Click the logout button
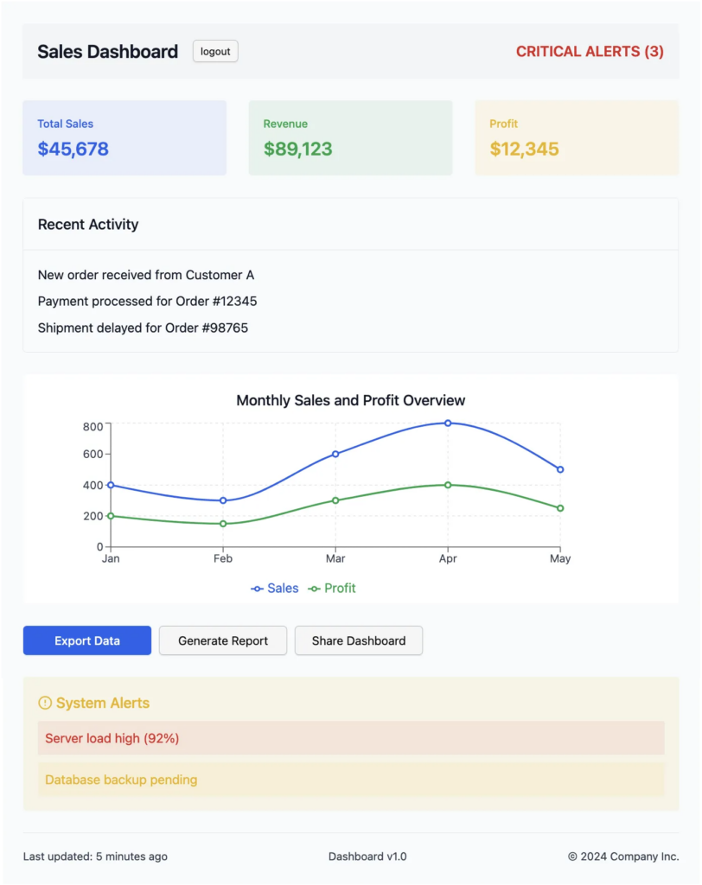(215, 51)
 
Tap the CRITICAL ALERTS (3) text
(590, 52)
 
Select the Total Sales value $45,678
(73, 149)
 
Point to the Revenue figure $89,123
(297, 149)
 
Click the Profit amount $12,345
(524, 149)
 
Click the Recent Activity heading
(88, 225)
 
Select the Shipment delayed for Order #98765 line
(143, 328)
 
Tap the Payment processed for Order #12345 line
(147, 302)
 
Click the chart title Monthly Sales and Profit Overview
(350, 400)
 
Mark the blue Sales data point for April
(448, 423)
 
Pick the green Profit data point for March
(335, 500)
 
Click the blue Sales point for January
(111, 485)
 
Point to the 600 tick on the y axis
(93, 454)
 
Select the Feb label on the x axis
(223, 558)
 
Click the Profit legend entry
(333, 589)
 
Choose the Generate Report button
(223, 640)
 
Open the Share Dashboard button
(359, 640)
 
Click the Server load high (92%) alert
(112, 738)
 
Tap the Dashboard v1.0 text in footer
(367, 856)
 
